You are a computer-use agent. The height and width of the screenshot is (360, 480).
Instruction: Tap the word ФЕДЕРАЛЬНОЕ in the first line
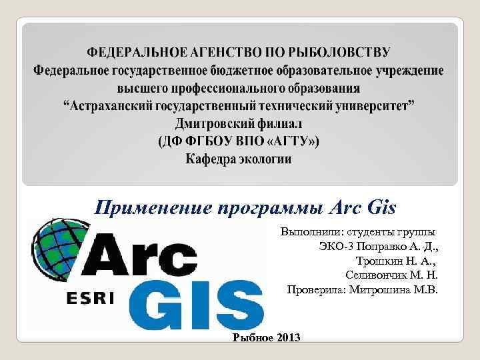pos(133,51)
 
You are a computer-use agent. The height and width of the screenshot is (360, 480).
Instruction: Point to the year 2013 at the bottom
pos(288,338)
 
